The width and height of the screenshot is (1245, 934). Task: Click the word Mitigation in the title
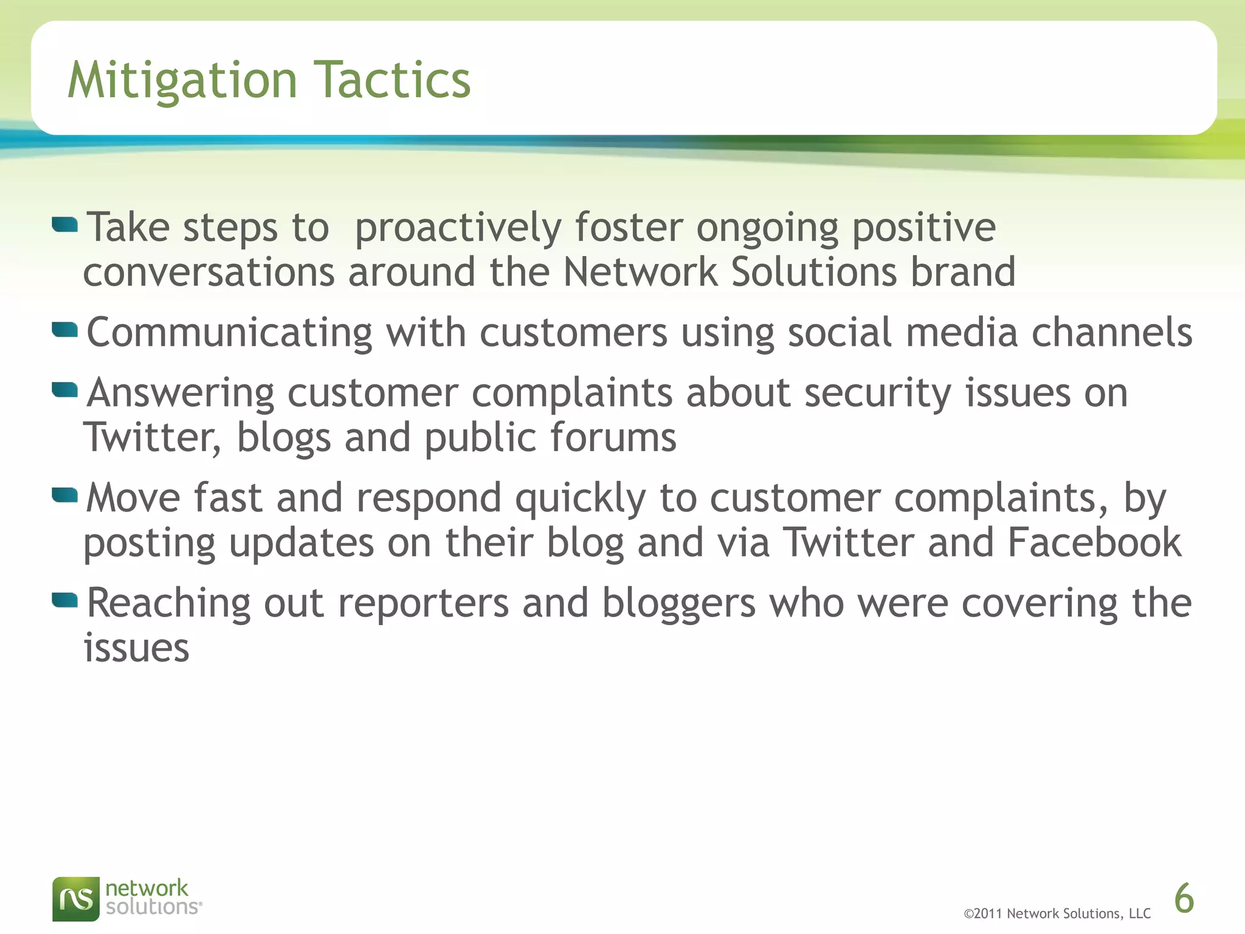(182, 80)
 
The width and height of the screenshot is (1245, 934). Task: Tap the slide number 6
(1184, 899)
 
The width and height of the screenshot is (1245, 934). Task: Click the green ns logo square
(76, 899)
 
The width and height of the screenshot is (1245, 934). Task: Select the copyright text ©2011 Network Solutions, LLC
(1057, 913)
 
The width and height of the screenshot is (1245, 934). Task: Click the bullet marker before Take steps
(65, 226)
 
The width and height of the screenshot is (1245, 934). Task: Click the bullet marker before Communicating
(65, 330)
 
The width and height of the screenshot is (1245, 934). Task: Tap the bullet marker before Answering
(65, 390)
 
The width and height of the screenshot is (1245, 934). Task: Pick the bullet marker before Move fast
(65, 496)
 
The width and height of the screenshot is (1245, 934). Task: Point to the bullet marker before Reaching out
(65, 601)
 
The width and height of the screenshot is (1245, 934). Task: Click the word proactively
(458, 228)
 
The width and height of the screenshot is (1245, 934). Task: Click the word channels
(1112, 333)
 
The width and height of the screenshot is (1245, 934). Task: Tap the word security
(878, 393)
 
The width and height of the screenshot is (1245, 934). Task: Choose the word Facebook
(1094, 542)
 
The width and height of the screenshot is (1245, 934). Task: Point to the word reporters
(423, 604)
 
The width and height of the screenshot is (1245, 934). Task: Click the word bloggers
(679, 604)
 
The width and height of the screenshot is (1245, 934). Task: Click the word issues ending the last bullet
(136, 648)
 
